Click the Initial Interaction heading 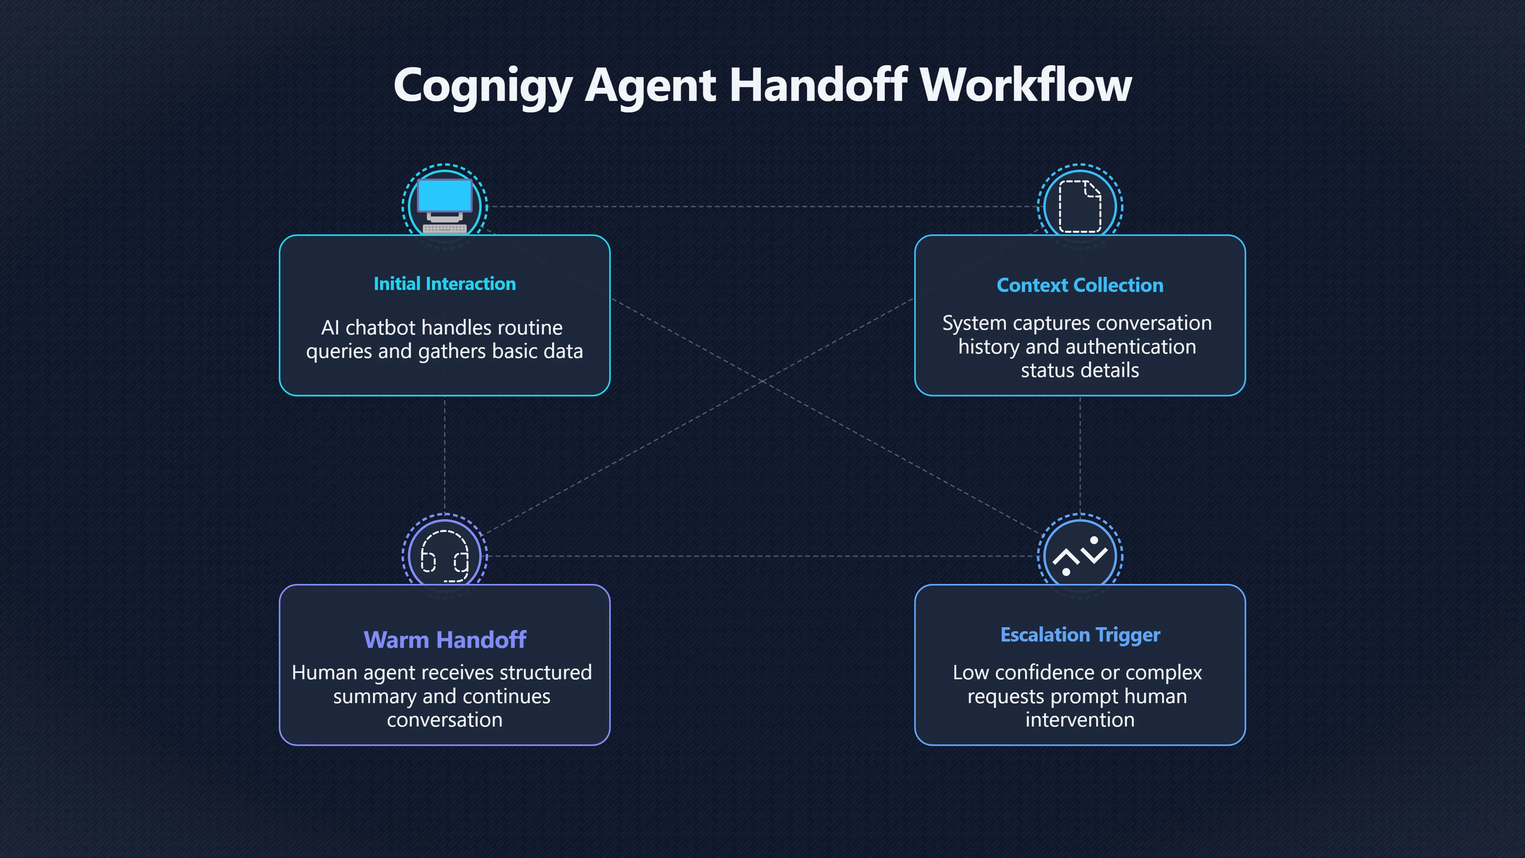coord(445,284)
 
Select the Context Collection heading coord(1080,285)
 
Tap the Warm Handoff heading coord(445,640)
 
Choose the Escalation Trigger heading coord(1080,635)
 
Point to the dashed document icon coord(1080,206)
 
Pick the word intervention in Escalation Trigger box coord(1080,719)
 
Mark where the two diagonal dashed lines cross coord(762,381)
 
